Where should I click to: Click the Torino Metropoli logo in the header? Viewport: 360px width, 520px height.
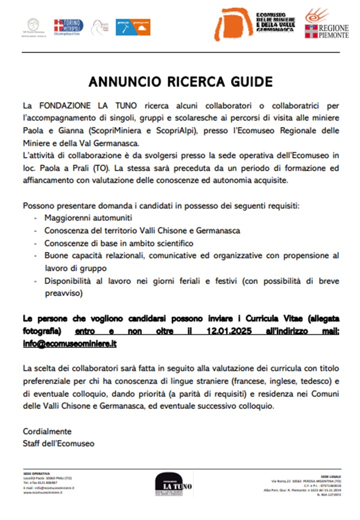pos(68,26)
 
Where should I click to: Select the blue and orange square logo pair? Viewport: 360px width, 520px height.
pos(133,26)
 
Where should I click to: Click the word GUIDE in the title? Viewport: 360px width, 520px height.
pos(249,81)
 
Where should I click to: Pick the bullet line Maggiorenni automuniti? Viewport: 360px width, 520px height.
pos(88,218)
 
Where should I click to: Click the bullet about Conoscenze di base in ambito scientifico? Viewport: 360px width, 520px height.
pos(119,243)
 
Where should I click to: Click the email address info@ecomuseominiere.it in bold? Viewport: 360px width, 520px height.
pos(69,343)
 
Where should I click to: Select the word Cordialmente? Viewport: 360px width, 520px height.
pos(47,431)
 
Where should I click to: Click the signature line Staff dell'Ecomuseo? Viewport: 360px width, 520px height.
pos(58,443)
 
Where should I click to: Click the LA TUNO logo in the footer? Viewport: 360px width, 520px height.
pos(173,484)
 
